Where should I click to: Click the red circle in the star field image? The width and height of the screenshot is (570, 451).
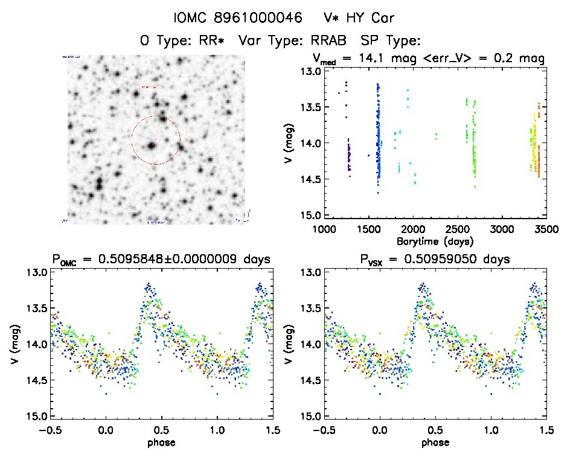point(156,140)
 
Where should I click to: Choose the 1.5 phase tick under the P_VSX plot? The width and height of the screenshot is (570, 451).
point(546,430)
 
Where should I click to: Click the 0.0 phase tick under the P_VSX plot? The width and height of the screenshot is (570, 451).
point(380,430)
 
